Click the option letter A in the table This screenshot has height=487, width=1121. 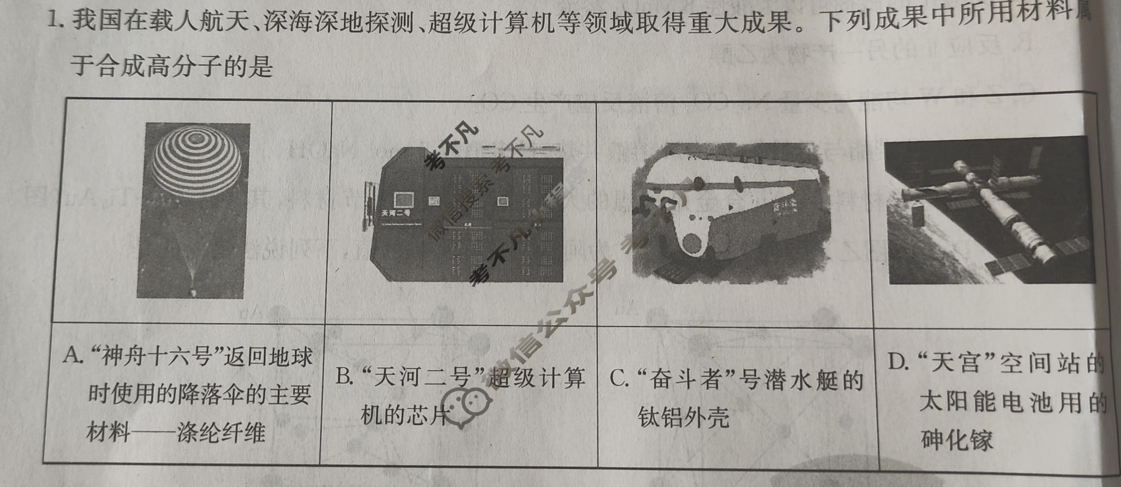[x=72, y=355]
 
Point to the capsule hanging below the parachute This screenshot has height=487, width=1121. [x=193, y=292]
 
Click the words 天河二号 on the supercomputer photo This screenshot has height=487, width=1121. [x=396, y=214]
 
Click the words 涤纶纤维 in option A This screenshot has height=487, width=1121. [x=221, y=433]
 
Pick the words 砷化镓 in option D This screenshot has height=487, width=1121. [x=956, y=440]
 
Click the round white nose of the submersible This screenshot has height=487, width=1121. [x=693, y=244]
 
